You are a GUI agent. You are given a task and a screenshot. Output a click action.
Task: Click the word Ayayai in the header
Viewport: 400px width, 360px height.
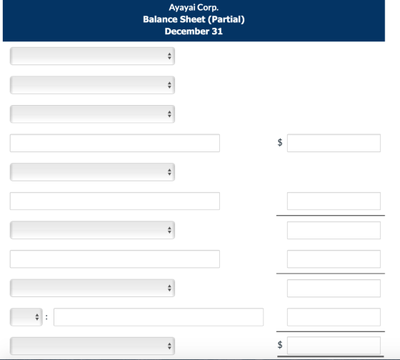click(181, 8)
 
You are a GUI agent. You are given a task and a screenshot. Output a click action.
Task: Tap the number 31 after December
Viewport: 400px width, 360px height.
click(217, 31)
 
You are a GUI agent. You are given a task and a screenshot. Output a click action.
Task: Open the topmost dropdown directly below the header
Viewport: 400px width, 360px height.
click(92, 56)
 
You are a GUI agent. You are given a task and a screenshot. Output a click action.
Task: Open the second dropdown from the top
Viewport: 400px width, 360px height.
click(92, 85)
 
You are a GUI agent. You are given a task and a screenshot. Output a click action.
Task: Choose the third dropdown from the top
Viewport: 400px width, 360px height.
click(92, 114)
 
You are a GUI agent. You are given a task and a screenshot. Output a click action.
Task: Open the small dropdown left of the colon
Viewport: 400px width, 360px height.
click(26, 317)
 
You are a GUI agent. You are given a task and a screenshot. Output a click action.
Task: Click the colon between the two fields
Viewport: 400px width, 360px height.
click(46, 317)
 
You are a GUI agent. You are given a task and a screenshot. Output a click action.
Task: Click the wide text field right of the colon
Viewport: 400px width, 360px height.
click(159, 317)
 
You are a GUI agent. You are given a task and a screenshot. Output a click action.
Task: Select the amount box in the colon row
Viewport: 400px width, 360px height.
click(334, 317)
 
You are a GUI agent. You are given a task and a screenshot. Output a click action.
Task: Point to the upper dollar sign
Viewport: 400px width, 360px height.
click(280, 142)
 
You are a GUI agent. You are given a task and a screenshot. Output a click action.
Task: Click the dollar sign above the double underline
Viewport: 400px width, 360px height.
click(280, 345)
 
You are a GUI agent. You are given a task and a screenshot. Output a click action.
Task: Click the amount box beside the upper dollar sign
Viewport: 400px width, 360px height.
click(334, 143)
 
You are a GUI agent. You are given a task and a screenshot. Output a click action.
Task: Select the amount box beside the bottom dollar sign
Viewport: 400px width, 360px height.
click(334, 346)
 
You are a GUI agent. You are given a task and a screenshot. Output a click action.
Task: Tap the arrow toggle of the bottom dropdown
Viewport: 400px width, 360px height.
click(169, 346)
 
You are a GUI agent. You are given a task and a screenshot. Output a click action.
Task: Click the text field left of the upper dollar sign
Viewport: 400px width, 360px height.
click(115, 143)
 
